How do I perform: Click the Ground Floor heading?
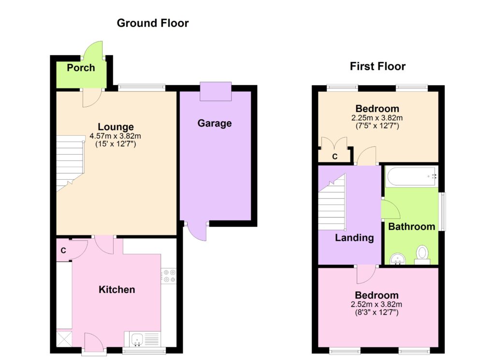click(152, 23)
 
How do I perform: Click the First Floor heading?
click(378, 66)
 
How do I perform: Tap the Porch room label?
click(81, 68)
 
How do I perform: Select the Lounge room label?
click(116, 127)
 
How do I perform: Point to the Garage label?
click(215, 123)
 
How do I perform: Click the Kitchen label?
click(117, 289)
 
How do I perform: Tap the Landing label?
click(354, 238)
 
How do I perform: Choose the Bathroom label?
click(412, 227)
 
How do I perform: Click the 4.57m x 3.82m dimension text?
click(115, 136)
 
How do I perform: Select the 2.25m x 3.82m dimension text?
click(377, 118)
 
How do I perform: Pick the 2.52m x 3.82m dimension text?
click(376, 304)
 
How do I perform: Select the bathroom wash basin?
click(398, 259)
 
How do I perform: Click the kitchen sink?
click(138, 339)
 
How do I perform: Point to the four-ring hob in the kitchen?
click(169, 276)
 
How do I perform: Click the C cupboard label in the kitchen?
click(63, 250)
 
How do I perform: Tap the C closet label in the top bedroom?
click(335, 157)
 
